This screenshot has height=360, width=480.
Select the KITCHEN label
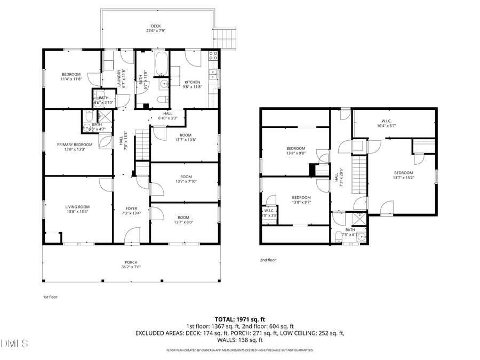coord(192,82)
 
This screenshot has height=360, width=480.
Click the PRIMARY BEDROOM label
coord(75,145)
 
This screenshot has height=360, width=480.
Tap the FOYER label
coord(131,209)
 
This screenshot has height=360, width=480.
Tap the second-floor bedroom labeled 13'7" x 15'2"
coord(403,175)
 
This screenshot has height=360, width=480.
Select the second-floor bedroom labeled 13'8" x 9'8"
coord(295,151)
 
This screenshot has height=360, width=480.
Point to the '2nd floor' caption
coord(268,260)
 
